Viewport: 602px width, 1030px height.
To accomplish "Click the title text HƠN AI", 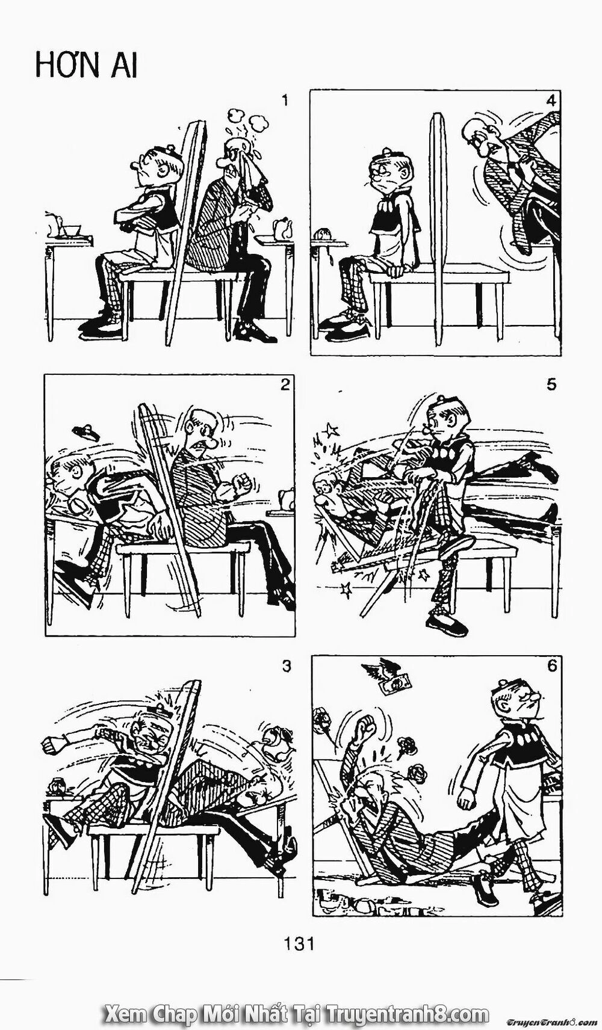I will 86,65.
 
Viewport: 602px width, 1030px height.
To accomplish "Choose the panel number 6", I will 552,667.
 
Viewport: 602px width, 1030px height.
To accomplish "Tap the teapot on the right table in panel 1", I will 282,227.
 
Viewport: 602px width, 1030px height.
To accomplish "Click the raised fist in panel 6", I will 364,729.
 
